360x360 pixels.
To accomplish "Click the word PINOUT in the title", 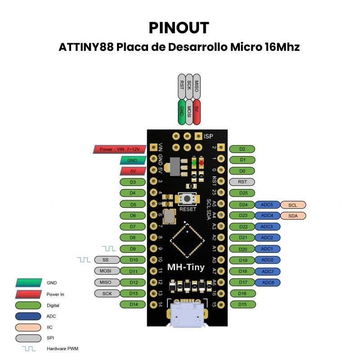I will tap(179, 27).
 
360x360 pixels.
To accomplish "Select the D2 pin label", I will tap(242, 149).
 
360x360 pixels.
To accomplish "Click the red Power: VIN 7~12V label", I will tap(119, 149).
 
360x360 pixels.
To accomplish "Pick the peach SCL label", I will tap(293, 205).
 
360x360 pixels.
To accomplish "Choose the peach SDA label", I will tap(293, 216).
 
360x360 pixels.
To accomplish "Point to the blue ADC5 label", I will tap(267, 205).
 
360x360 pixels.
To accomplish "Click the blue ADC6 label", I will tap(267, 283).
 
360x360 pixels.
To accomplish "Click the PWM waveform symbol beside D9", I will tap(109, 248).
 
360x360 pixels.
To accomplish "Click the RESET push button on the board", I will tap(188, 199).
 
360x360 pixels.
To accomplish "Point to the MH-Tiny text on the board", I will tap(186, 267).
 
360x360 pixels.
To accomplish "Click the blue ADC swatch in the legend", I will tap(28, 316).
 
